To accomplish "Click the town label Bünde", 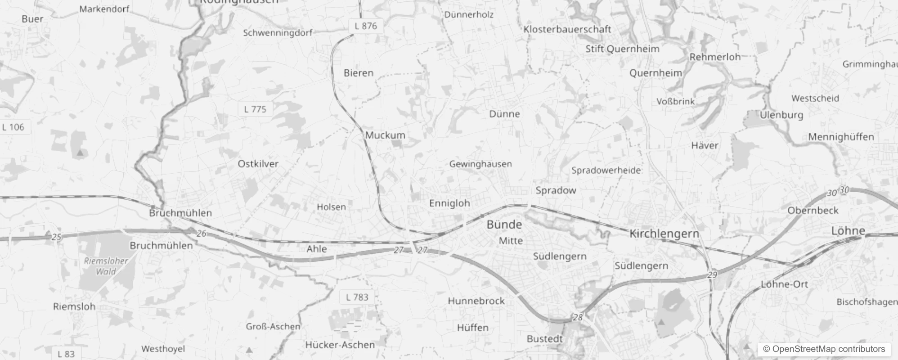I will [x=504, y=225].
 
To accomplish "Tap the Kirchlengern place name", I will [x=664, y=234].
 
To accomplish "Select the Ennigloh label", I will [x=449, y=203].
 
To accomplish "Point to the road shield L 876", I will [x=366, y=26].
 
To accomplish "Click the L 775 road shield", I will [x=255, y=109].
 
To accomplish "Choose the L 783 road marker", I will [x=357, y=297].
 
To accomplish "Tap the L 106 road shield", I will [x=13, y=127].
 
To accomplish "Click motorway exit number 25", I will [x=56, y=237].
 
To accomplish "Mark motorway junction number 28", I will [x=578, y=317].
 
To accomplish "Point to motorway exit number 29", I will [x=712, y=274].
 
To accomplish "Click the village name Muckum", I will [x=385, y=135].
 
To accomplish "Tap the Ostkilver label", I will [x=258, y=164].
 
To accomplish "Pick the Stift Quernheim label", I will [x=622, y=49].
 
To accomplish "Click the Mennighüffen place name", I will [x=840, y=137].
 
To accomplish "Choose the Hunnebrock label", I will [x=476, y=301].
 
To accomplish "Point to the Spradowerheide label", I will [x=606, y=171].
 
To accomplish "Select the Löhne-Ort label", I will [x=784, y=284].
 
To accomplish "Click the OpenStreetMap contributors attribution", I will [x=824, y=349].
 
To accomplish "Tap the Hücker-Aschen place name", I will [x=340, y=345].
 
